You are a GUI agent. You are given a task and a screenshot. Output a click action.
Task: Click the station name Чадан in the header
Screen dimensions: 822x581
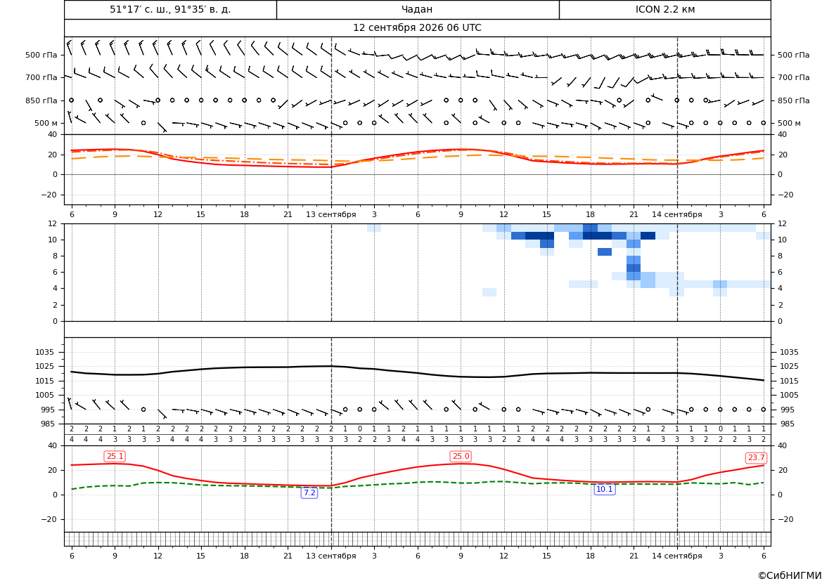417,9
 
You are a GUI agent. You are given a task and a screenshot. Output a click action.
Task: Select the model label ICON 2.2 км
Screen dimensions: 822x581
664,9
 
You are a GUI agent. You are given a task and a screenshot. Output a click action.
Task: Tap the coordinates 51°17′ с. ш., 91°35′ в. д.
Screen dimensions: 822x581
170,9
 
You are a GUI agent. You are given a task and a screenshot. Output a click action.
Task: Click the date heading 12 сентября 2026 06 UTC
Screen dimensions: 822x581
417,28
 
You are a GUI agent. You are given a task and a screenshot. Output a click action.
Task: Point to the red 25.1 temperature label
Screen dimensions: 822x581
115,457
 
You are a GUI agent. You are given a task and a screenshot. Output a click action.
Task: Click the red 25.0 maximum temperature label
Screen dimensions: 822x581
461,457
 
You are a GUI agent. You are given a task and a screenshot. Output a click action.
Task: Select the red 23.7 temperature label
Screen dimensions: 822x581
756,458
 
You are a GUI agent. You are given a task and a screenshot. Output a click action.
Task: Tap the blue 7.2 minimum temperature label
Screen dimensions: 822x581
309,492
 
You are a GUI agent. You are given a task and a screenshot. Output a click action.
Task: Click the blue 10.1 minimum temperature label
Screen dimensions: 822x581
605,489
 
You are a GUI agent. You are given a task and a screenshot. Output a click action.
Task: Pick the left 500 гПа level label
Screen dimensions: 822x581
41,55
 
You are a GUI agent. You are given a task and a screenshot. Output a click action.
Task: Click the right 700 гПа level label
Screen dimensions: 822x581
794,77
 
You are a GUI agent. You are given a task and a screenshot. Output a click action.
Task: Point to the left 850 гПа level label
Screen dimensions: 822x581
41,100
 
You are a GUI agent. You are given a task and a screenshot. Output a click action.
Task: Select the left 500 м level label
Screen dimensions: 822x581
46,123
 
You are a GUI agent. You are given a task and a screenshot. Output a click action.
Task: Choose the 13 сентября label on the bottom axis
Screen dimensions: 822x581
330,556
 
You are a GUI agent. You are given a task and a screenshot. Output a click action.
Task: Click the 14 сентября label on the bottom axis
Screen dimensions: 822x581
676,556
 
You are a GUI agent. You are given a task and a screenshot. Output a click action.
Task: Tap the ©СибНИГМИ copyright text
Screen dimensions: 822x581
790,575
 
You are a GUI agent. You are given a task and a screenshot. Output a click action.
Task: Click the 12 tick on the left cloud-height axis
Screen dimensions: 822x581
53,223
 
